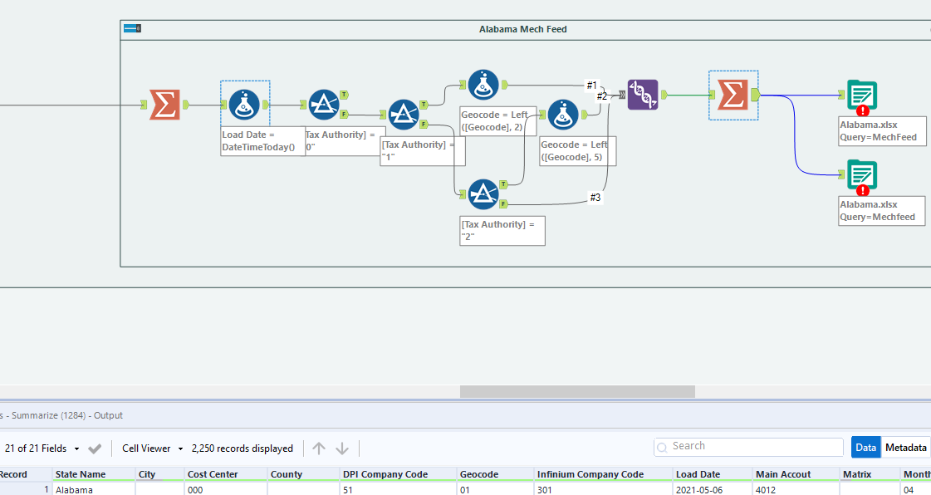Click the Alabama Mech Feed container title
click(x=522, y=29)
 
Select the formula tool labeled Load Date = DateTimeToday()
click(x=244, y=105)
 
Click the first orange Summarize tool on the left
click(x=164, y=105)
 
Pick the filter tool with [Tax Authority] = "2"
click(x=483, y=195)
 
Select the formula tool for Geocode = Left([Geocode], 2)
click(x=483, y=85)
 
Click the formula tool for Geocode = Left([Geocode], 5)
click(x=563, y=115)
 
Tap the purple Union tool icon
click(x=643, y=95)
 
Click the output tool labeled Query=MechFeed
click(x=861, y=96)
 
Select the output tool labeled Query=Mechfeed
click(x=861, y=175)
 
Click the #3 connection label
click(x=595, y=198)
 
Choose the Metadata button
click(x=905, y=448)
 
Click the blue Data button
click(x=865, y=448)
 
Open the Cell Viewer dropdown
click(x=152, y=448)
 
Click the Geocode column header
click(x=479, y=474)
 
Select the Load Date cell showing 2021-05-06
click(x=698, y=490)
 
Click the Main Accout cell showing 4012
click(x=769, y=490)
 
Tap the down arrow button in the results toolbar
click(x=342, y=448)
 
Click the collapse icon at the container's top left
click(x=132, y=28)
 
